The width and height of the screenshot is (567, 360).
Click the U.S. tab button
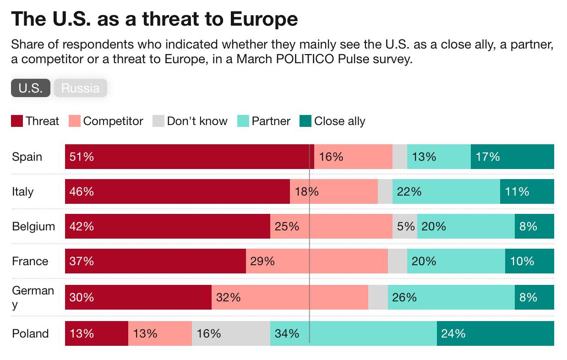click(x=31, y=88)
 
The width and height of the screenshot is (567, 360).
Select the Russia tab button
click(x=80, y=88)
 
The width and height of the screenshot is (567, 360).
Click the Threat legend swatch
click(x=17, y=121)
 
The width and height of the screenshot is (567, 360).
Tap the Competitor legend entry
click(x=106, y=121)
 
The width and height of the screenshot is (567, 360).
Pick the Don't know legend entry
click(x=190, y=121)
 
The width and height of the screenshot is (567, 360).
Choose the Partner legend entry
click(x=264, y=121)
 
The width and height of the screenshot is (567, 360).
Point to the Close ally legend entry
click(x=332, y=121)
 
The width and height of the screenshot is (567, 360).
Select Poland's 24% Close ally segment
click(x=495, y=333)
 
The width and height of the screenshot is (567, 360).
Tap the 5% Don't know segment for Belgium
click(x=405, y=226)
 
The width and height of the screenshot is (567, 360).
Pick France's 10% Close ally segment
click(x=529, y=261)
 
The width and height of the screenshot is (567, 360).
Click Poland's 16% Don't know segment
click(x=231, y=333)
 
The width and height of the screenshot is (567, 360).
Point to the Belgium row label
click(x=33, y=226)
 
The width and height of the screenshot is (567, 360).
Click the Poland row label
click(x=30, y=333)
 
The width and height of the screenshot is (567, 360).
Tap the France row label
click(x=30, y=261)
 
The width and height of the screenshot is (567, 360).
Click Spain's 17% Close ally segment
click(x=512, y=157)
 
